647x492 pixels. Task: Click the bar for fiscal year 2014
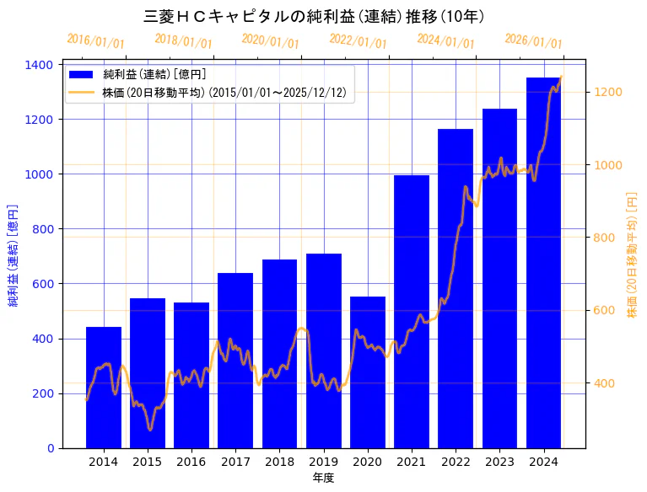pos(104,388)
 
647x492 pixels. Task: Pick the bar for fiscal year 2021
pos(412,312)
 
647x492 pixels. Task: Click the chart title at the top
pos(314,16)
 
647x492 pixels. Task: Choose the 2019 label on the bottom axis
pos(324,462)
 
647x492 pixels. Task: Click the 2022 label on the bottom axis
pos(456,462)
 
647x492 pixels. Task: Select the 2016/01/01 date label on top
pos(95,41)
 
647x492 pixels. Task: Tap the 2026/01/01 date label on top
pos(533,41)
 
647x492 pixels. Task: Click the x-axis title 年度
pos(323,478)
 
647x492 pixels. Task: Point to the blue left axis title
pos(13,256)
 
